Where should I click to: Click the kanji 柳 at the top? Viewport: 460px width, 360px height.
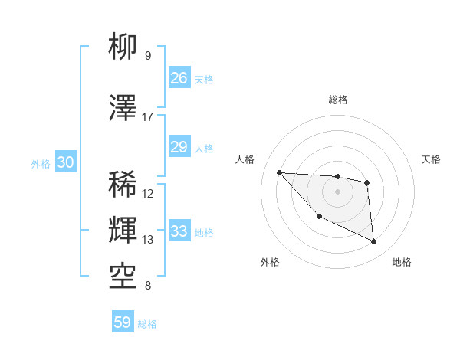click(x=123, y=47)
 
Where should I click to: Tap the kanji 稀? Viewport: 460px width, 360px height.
click(x=123, y=185)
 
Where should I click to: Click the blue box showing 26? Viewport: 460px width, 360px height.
click(x=179, y=78)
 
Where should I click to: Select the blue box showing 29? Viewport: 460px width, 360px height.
click(x=179, y=148)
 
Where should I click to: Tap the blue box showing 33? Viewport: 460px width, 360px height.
click(x=179, y=231)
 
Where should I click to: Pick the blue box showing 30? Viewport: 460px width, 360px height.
click(x=66, y=162)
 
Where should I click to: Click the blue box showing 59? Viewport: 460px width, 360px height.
click(x=123, y=322)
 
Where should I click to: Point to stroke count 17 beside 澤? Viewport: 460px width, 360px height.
click(x=147, y=117)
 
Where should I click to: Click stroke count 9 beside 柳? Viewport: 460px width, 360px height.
click(x=147, y=56)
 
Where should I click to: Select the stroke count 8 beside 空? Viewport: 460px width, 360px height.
click(x=147, y=286)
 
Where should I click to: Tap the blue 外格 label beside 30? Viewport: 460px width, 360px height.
click(x=41, y=163)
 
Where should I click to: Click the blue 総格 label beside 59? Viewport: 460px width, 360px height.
click(x=147, y=323)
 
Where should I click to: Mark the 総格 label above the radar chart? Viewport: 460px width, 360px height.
click(x=338, y=100)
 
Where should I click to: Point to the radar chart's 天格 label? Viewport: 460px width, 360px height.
click(x=432, y=159)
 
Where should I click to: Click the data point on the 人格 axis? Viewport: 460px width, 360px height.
click(x=279, y=172)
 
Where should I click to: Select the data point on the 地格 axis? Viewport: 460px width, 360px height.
click(x=374, y=242)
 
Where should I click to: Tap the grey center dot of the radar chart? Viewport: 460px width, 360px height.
click(x=337, y=191)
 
